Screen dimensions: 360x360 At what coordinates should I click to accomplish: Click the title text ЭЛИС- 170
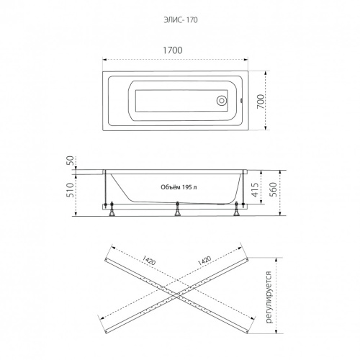click(181, 19)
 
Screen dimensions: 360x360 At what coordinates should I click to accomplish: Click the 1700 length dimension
click(173, 50)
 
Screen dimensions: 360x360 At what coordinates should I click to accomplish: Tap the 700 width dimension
click(261, 102)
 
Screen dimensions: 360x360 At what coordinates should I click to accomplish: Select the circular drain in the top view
click(221, 101)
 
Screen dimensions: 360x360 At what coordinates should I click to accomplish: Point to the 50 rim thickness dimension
click(70, 161)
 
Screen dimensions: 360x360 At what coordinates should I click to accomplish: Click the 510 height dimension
click(70, 190)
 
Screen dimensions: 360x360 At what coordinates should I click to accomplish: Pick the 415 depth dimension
click(255, 189)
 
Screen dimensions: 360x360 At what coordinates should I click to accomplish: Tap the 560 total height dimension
click(274, 189)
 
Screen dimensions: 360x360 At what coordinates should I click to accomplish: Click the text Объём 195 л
click(179, 187)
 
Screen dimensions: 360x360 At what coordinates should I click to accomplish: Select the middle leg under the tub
click(177, 209)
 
